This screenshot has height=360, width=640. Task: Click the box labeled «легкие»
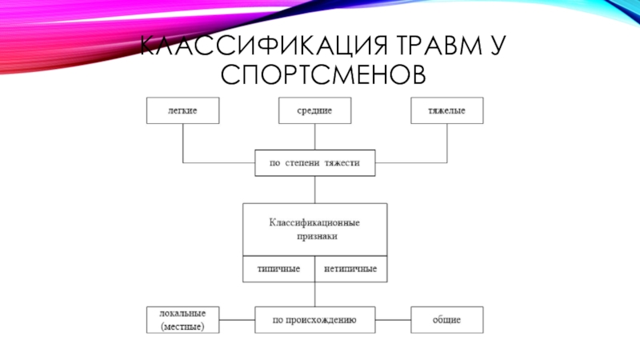[x=183, y=110]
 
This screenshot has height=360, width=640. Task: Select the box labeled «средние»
[x=315, y=110]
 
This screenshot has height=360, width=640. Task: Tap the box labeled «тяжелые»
[x=447, y=110]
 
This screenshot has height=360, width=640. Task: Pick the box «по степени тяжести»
[x=315, y=162]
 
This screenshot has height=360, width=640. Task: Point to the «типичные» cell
[x=278, y=269]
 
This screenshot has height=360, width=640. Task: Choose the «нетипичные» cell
[x=350, y=269]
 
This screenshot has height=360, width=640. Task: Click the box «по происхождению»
[x=315, y=320]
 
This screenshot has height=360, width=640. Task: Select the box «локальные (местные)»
[x=183, y=320]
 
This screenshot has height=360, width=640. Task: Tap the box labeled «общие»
[x=447, y=320]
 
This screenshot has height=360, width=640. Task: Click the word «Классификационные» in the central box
[x=314, y=222]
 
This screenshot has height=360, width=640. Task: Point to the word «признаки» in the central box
[x=314, y=237]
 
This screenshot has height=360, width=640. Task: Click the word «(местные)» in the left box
[x=183, y=326]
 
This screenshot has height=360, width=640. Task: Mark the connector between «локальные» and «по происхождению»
[x=238, y=320]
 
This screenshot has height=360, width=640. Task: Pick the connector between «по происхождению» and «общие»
[x=393, y=320]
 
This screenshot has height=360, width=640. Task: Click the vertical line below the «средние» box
[x=315, y=137]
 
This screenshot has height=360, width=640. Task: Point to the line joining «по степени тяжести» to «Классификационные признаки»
[x=315, y=189]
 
